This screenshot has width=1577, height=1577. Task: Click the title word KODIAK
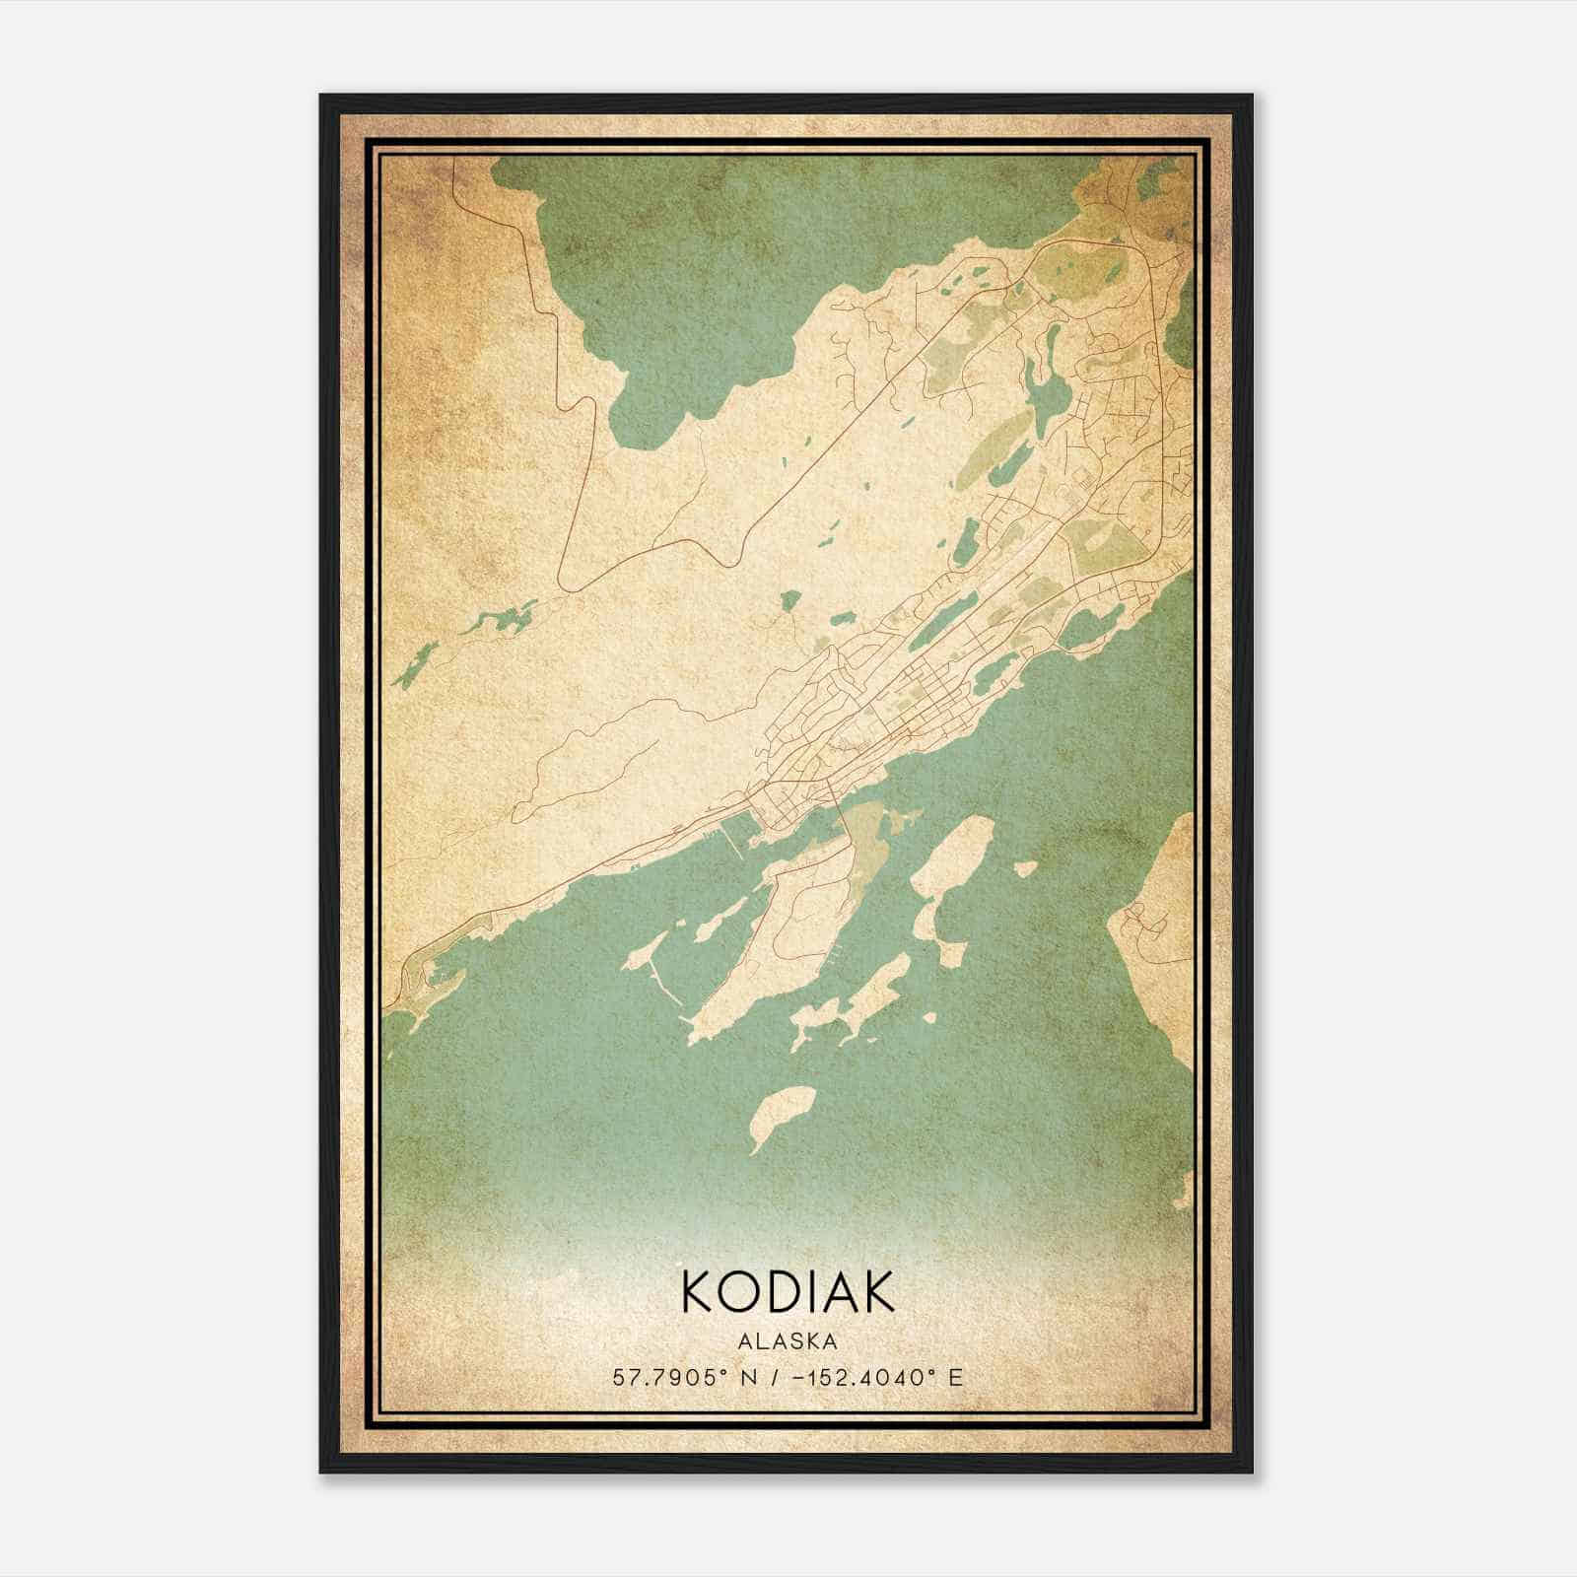788,1291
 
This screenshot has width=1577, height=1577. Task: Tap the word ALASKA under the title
788,1341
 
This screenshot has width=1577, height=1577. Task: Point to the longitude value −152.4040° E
883,1377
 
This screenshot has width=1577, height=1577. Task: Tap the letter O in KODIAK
731,1291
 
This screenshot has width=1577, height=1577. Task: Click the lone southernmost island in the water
782,1114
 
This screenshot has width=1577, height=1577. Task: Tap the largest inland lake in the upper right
1045,389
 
